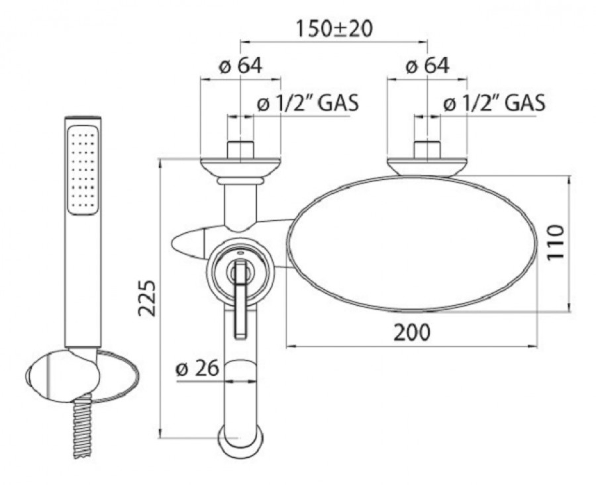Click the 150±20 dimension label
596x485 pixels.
pyautogui.click(x=334, y=30)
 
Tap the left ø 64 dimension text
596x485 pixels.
pyautogui.click(x=240, y=66)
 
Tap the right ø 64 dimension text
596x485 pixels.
pyautogui.click(x=428, y=66)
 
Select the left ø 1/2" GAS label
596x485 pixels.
pyautogui.click(x=307, y=103)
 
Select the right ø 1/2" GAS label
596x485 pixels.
pyautogui.click(x=494, y=103)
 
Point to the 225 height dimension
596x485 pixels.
pyautogui.click(x=147, y=298)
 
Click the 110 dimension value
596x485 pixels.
pyautogui.click(x=556, y=242)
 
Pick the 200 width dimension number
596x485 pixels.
pyautogui.click(x=412, y=332)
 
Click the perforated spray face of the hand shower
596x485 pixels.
pyautogui.click(x=83, y=170)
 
